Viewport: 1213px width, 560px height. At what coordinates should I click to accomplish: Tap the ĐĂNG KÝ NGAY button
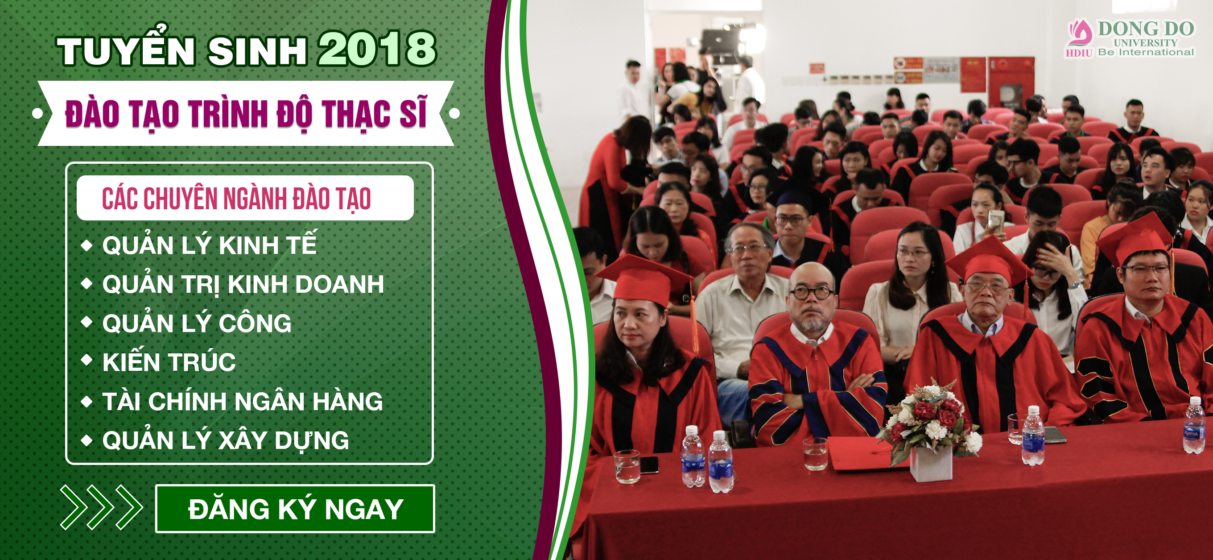pyautogui.click(x=295, y=509)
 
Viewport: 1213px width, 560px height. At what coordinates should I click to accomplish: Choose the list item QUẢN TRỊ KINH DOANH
pyautogui.click(x=243, y=284)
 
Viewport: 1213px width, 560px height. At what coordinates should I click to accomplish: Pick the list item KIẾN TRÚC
pyautogui.click(x=169, y=361)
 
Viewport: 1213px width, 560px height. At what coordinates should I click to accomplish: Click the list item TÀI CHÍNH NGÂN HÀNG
pyautogui.click(x=243, y=401)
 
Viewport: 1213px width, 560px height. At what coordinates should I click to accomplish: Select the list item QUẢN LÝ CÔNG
pyautogui.click(x=197, y=323)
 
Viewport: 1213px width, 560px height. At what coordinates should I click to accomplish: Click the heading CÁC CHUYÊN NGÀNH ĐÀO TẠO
pyautogui.click(x=236, y=198)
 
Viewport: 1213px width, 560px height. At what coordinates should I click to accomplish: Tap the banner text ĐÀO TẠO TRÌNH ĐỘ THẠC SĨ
pyautogui.click(x=246, y=113)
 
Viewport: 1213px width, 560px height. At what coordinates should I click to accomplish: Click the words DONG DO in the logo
pyautogui.click(x=1146, y=28)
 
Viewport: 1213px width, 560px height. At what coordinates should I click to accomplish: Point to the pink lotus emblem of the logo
pyautogui.click(x=1080, y=33)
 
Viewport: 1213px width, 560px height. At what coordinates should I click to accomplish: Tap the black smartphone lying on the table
pyautogui.click(x=649, y=465)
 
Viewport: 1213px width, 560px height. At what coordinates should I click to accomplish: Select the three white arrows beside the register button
pyautogui.click(x=101, y=508)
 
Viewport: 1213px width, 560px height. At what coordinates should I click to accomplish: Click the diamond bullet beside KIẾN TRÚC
pyautogui.click(x=87, y=360)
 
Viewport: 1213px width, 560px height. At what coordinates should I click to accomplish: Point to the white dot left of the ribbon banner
pyautogui.click(x=37, y=113)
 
